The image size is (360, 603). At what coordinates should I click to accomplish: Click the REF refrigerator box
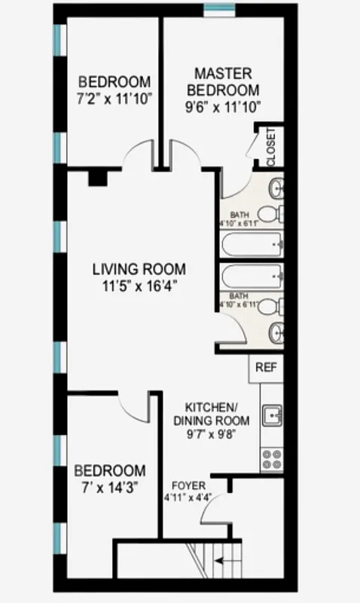click(265, 369)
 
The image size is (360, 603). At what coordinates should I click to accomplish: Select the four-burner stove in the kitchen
click(272, 459)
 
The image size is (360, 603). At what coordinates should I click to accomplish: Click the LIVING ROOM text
click(138, 269)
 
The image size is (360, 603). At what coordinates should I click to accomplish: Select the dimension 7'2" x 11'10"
click(114, 97)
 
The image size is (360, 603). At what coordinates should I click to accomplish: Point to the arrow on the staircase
click(221, 561)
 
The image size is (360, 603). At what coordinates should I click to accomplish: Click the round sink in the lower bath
click(276, 330)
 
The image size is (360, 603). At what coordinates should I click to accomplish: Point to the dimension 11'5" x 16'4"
click(138, 286)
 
